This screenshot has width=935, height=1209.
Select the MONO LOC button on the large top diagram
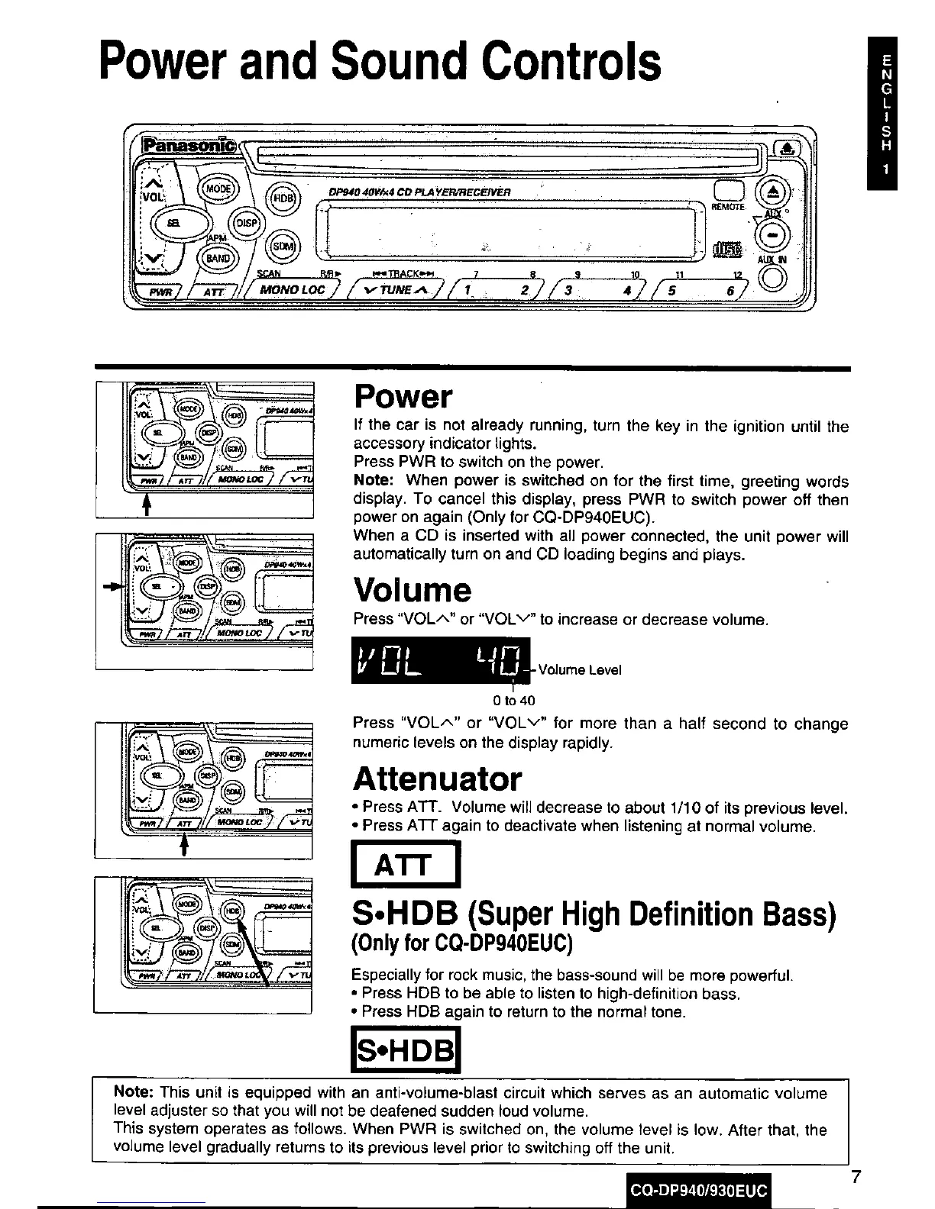coord(293,289)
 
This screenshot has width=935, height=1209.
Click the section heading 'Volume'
coord(412,590)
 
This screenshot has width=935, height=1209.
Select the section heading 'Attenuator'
coord(438,779)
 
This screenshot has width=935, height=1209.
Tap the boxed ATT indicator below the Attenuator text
coord(405,863)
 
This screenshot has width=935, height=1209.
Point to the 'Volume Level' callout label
coord(580,670)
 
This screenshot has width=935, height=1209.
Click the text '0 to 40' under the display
coord(514,700)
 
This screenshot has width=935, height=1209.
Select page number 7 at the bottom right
coord(856,1177)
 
